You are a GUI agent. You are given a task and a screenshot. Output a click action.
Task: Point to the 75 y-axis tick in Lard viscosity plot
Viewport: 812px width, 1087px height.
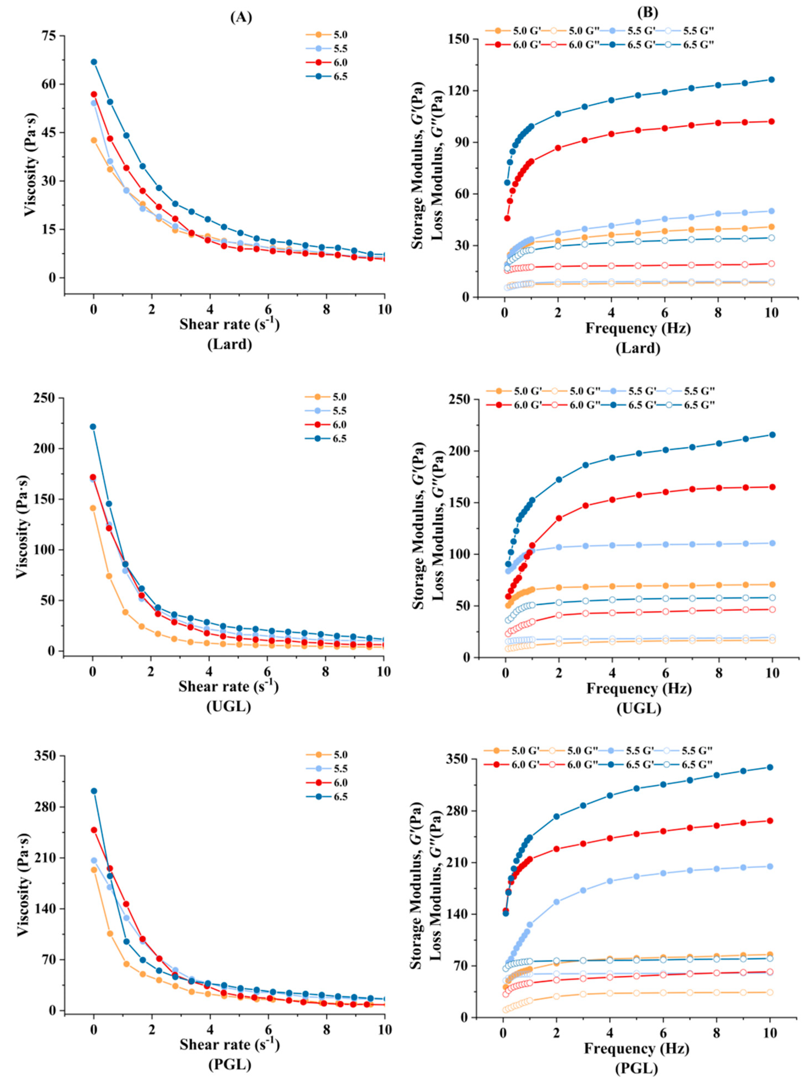point(50,36)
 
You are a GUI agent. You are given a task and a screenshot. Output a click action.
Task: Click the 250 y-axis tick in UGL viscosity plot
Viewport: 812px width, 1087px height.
point(47,398)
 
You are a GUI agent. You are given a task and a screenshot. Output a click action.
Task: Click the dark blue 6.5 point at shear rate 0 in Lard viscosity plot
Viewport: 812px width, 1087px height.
point(94,62)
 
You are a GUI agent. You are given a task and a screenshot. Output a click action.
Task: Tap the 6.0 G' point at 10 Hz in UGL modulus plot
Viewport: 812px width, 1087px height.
point(772,487)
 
